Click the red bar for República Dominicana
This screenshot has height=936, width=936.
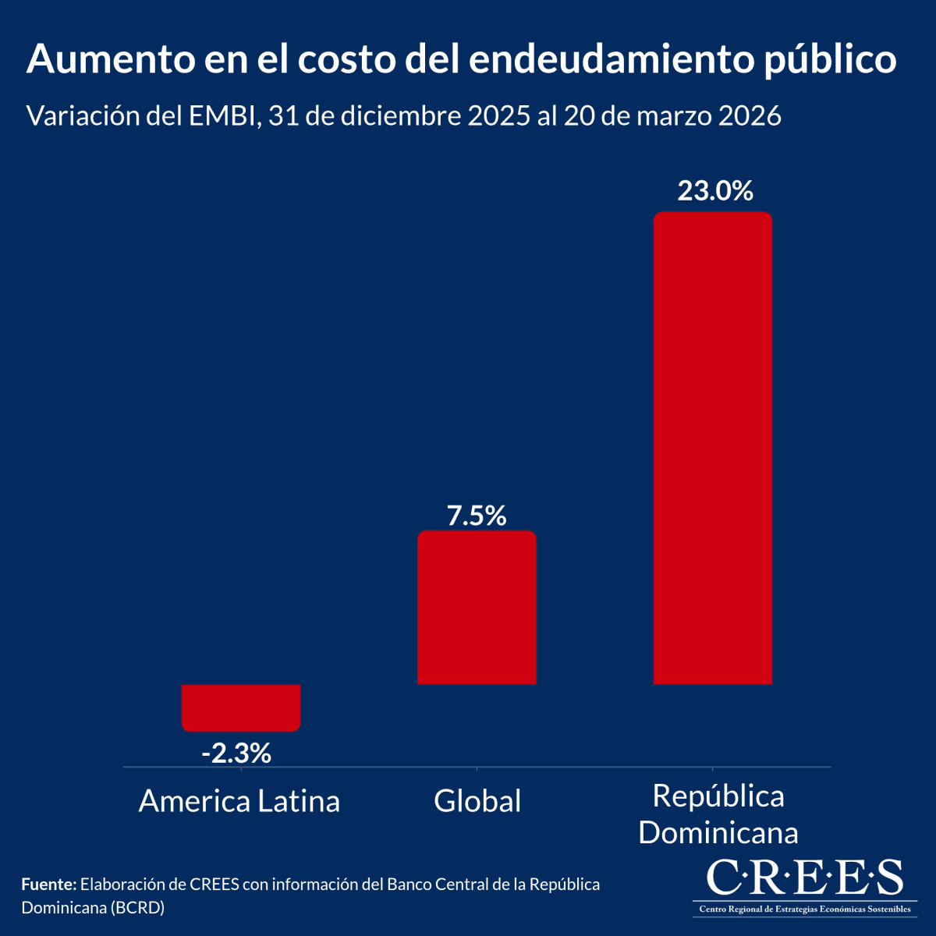712,448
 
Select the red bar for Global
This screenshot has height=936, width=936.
477,608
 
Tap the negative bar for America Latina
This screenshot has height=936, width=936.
241,707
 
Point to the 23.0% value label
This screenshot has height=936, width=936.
714,190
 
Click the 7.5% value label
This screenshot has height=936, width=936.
477,516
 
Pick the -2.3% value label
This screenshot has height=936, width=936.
236,753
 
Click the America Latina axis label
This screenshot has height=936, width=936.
239,801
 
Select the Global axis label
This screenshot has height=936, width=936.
477,801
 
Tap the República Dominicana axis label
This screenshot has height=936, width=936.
718,814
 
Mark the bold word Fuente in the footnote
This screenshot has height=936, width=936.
49,885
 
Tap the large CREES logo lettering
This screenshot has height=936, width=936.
804,878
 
